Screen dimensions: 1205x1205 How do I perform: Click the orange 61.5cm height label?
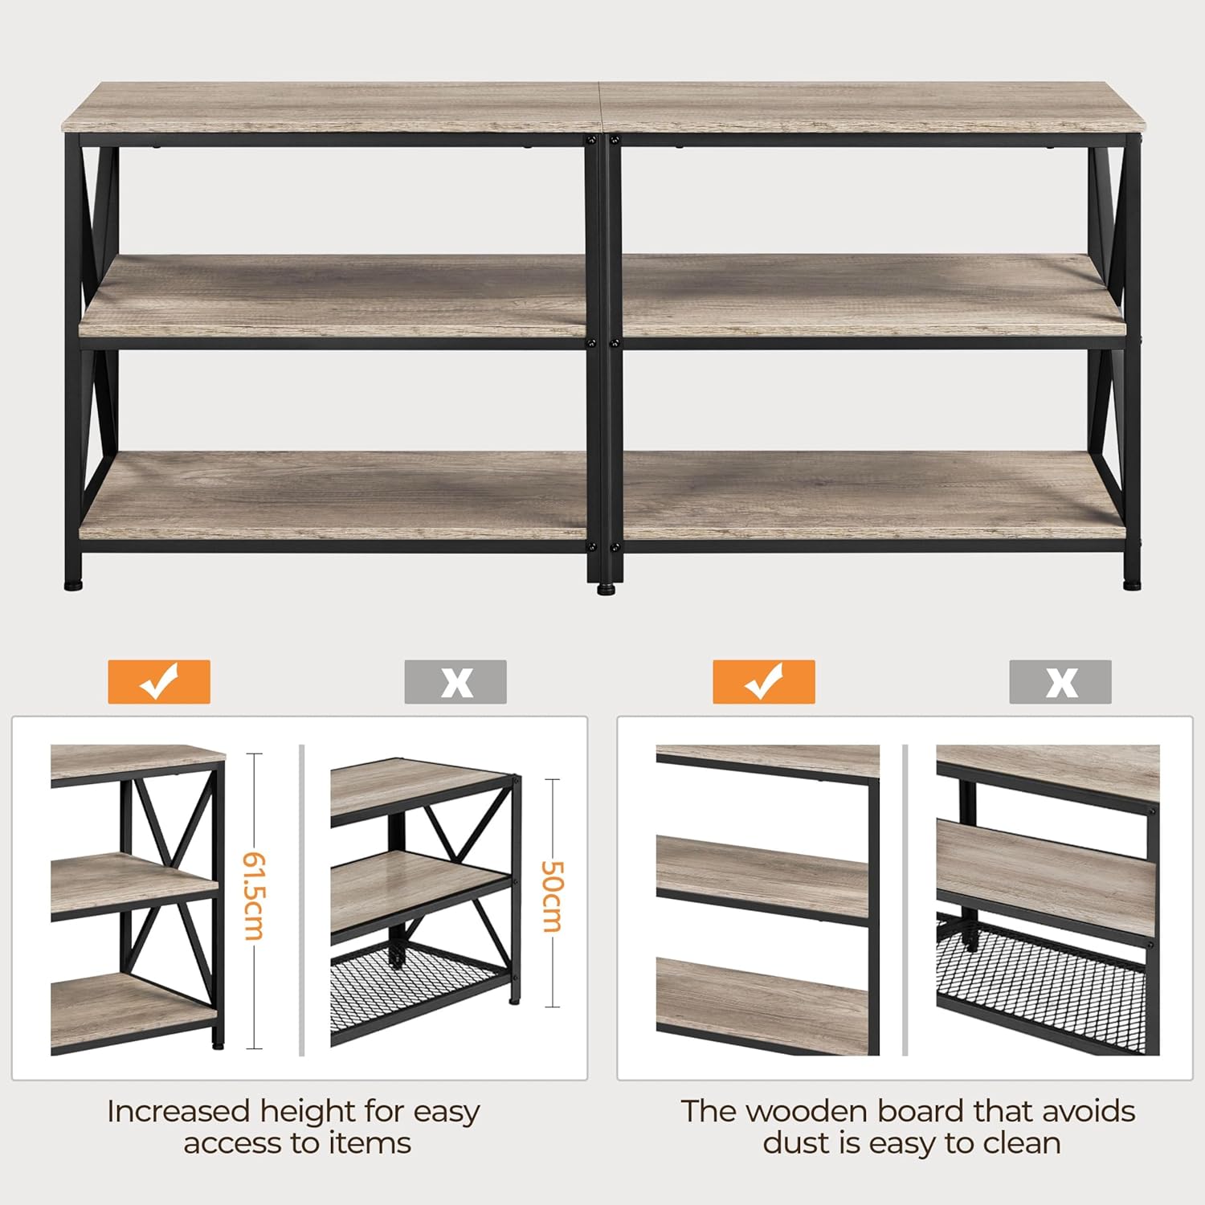point(253,896)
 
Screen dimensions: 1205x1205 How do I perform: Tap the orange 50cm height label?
point(553,897)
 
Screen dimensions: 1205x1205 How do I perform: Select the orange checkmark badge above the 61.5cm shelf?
point(159,682)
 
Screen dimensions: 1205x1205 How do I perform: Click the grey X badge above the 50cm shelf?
point(455,682)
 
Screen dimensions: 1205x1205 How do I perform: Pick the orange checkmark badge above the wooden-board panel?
point(764,682)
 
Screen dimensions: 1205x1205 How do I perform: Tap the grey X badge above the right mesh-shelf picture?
point(1060,682)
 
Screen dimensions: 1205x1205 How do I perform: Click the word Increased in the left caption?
point(179,1112)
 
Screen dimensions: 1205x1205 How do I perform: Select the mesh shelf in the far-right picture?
point(1044,984)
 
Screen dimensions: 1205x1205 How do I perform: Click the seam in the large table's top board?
point(602,106)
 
